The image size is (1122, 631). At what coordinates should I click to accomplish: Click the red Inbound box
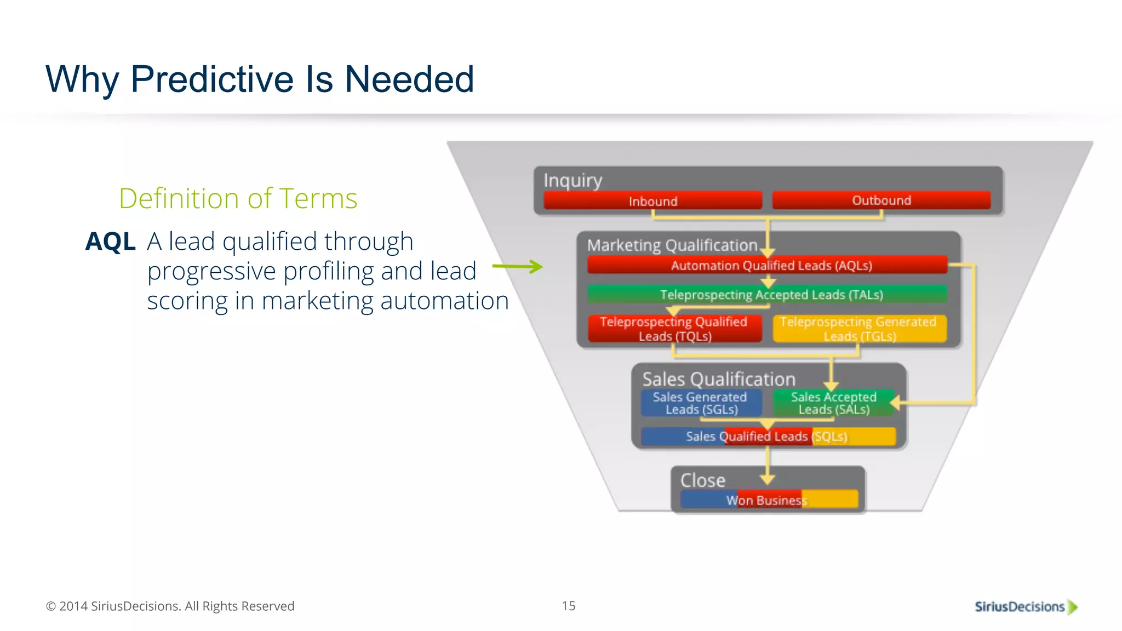(x=652, y=200)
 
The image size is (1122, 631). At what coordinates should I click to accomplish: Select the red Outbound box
(x=881, y=200)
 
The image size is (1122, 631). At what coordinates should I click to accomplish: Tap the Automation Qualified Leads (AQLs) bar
(x=767, y=266)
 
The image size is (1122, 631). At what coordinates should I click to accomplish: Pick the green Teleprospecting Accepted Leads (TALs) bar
(x=767, y=295)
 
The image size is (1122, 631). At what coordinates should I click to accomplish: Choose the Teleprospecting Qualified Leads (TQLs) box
(x=674, y=329)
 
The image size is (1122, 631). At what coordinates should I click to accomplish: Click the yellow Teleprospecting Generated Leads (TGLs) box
(x=859, y=329)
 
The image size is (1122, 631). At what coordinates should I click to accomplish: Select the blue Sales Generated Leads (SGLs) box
(x=701, y=403)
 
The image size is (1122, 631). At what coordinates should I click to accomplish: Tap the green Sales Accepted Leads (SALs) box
(x=833, y=403)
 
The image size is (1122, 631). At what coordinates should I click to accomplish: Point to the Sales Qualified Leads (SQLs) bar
(x=767, y=437)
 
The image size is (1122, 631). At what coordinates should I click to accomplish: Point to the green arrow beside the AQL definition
(x=518, y=267)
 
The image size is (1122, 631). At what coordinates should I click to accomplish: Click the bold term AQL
(x=111, y=242)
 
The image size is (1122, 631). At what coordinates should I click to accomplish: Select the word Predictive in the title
(x=213, y=79)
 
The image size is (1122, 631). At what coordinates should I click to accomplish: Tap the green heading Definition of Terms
(x=238, y=198)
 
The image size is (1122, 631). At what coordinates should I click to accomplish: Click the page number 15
(x=568, y=606)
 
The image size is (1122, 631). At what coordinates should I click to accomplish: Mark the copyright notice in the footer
(x=170, y=606)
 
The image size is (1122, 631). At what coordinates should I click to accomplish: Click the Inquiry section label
(x=573, y=180)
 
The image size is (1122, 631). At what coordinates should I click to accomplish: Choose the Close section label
(x=702, y=480)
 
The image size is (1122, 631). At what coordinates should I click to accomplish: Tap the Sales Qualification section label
(x=718, y=379)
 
